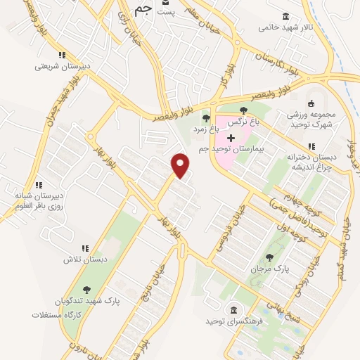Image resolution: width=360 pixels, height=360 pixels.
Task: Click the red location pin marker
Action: (x=181, y=165)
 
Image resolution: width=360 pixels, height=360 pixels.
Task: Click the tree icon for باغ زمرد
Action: (x=206, y=118)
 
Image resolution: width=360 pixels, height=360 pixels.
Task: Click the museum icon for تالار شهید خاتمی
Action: (x=285, y=16)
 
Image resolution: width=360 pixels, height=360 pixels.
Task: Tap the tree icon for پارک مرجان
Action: (x=268, y=257)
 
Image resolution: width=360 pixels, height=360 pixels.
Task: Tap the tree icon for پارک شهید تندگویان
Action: (x=86, y=290)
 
